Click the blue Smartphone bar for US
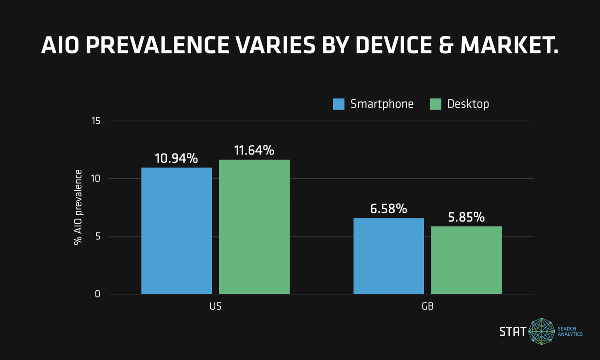point(177,231)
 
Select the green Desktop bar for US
point(254,227)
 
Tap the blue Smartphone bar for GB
point(389,256)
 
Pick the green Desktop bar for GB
point(466,260)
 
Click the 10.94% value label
point(177,159)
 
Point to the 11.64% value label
point(253,150)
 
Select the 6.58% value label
point(389,209)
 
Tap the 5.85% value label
point(466,217)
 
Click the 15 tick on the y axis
point(96,121)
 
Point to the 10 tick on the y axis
point(96,179)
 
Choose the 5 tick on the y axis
point(98,236)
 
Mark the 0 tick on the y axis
point(98,294)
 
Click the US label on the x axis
point(215,306)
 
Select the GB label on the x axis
point(427,306)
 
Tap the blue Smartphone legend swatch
point(339,104)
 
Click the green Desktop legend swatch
point(436,104)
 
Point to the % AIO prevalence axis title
point(78,207)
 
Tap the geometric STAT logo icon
point(542,331)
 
